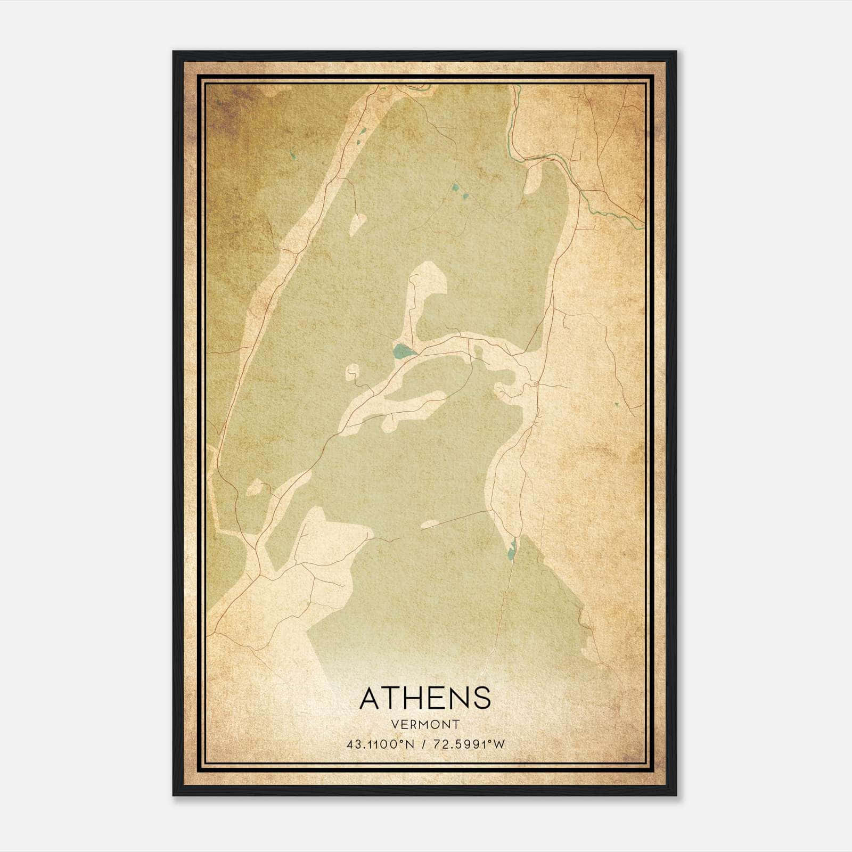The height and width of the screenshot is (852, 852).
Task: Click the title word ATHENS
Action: pyautogui.click(x=425, y=698)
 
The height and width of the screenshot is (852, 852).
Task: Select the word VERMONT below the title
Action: pyautogui.click(x=425, y=724)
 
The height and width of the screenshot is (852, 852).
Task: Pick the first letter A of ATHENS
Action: pyautogui.click(x=370, y=698)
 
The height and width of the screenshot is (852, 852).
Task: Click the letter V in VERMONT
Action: pyautogui.click(x=394, y=724)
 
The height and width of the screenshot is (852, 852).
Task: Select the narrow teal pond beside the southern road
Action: pyautogui.click(x=511, y=550)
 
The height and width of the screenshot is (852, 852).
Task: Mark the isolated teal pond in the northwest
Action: pyautogui.click(x=293, y=155)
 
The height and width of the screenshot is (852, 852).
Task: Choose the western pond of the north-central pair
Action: pyautogui.click(x=455, y=187)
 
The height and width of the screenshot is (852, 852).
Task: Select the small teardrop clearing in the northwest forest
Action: pyautogui.click(x=358, y=224)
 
